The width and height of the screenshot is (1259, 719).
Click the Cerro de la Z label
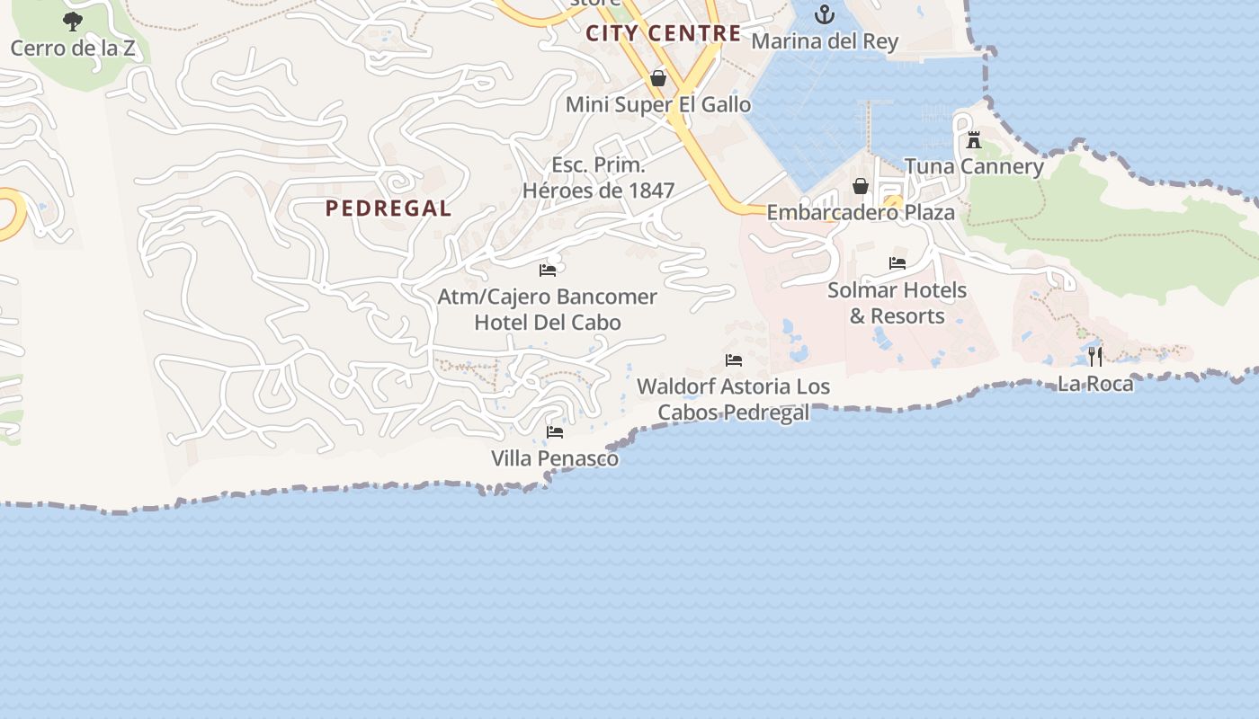[73, 48]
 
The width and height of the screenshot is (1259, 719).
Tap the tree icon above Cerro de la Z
[73, 21]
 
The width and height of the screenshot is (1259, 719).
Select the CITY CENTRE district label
[664, 34]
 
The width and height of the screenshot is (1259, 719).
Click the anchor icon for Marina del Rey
[825, 14]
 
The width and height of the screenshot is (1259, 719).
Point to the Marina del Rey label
[825, 41]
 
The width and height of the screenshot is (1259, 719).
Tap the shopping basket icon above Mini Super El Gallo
[658, 78]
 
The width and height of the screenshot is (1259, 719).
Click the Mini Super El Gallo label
[658, 104]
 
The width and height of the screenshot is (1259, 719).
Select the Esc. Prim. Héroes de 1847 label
[598, 178]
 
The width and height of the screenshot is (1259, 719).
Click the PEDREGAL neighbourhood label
[388, 209]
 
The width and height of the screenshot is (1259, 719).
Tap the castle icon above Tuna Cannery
[974, 140]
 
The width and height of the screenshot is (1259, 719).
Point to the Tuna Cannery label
[974, 166]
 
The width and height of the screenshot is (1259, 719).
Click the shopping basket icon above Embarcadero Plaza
[861, 186]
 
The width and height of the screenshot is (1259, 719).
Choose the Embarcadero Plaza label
[861, 213]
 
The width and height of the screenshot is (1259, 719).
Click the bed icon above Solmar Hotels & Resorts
[897, 263]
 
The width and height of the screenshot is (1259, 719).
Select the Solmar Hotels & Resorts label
[897, 303]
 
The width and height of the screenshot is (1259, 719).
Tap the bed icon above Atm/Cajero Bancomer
[548, 270]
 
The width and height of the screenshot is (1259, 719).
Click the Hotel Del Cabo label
[548, 322]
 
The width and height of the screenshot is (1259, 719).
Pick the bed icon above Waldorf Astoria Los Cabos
[734, 360]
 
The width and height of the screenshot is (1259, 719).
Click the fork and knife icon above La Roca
[1095, 356]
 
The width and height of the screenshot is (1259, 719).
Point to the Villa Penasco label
[555, 458]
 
